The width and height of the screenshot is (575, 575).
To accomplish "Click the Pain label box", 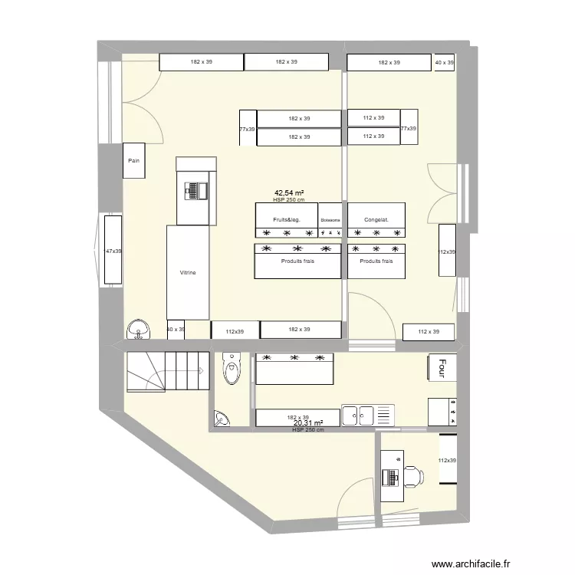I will pyautogui.click(x=135, y=161).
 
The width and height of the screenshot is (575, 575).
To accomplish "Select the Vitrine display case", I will pyautogui.click(x=188, y=272).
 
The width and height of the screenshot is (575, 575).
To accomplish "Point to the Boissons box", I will pyautogui.click(x=330, y=220).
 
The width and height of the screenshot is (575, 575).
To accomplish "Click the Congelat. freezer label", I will pyautogui.click(x=376, y=220).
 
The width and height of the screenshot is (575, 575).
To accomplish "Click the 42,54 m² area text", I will pyautogui.click(x=290, y=194).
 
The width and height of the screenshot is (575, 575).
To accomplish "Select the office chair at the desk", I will pyautogui.click(x=413, y=476).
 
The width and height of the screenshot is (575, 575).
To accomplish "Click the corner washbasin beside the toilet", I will pyautogui.click(x=222, y=419).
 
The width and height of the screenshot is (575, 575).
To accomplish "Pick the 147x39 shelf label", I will pyautogui.click(x=113, y=251).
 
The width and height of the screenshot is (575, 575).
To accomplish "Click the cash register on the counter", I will pyautogui.click(x=196, y=190).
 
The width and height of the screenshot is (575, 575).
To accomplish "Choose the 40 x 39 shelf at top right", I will pyautogui.click(x=444, y=62).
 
